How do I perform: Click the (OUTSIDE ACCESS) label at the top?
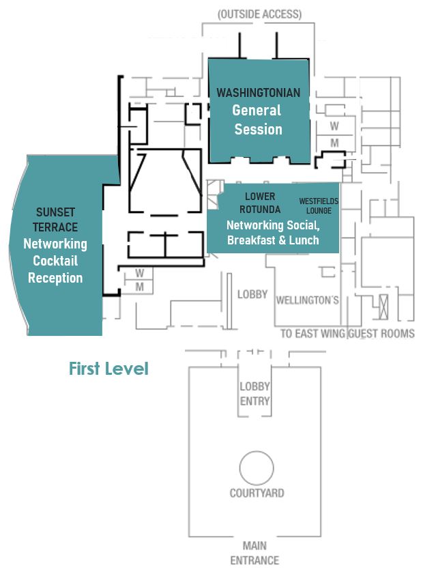259,14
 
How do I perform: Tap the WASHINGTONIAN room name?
258,92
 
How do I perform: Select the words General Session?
258,119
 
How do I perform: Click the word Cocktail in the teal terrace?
55,261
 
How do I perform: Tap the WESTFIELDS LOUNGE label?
319,206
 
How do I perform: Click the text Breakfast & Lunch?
273,240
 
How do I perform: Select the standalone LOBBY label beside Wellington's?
252,295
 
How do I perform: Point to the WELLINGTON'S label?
307,300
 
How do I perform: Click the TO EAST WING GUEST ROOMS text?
347,334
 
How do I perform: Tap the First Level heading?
108,369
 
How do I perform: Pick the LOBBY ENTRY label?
255,394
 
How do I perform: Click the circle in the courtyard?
257,469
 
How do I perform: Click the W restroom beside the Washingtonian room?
334,126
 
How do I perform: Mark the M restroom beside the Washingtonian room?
334,143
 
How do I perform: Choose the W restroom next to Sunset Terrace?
140,273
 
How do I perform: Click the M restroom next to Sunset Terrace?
140,287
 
